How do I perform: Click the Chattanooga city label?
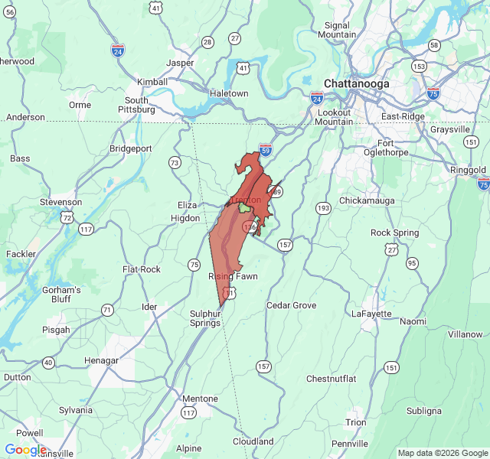(356, 83)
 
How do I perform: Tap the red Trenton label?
(246, 200)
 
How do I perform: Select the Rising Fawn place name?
(233, 276)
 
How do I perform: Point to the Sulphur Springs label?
(205, 318)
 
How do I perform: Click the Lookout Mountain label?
(335, 117)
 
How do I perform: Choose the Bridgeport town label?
(131, 148)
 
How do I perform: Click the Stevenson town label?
(61, 202)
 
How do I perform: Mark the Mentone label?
(200, 399)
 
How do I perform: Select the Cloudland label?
(253, 441)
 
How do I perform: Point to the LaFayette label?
(371, 314)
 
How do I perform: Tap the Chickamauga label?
(364, 200)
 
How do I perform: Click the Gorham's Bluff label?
(62, 295)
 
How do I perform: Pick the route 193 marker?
(323, 208)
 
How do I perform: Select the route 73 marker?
(175, 162)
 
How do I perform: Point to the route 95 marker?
(412, 263)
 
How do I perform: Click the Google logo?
(24, 449)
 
